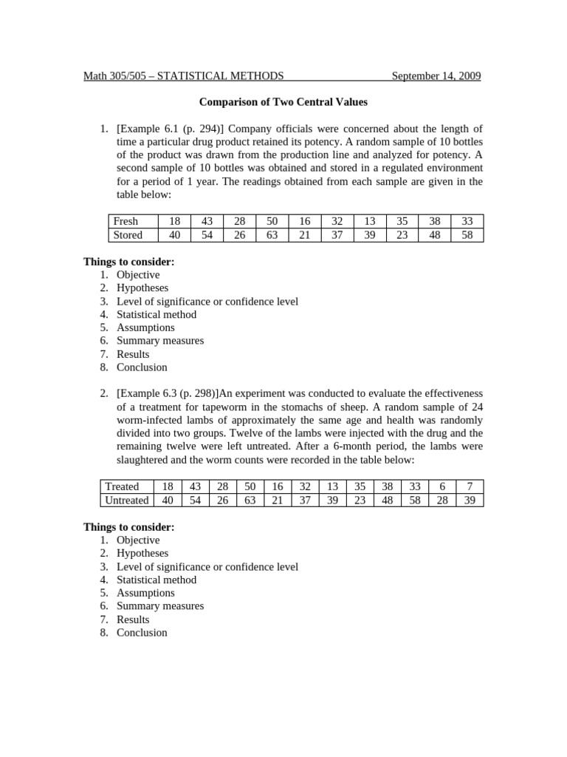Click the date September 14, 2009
(436, 75)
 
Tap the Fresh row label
(125, 221)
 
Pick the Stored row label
(127, 235)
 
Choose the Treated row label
(122, 486)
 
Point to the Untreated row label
(126, 500)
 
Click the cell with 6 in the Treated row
(441, 486)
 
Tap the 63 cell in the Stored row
(272, 235)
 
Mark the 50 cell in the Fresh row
(272, 221)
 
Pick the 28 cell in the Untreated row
(441, 500)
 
